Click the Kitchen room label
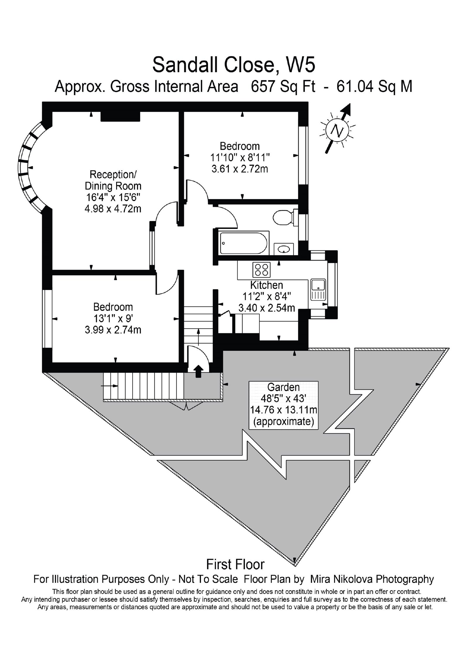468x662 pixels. click(266, 285)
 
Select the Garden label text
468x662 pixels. click(283, 387)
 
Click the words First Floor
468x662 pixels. click(235, 564)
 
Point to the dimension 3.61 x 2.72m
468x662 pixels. click(240, 169)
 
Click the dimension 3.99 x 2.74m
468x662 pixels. click(113, 330)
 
